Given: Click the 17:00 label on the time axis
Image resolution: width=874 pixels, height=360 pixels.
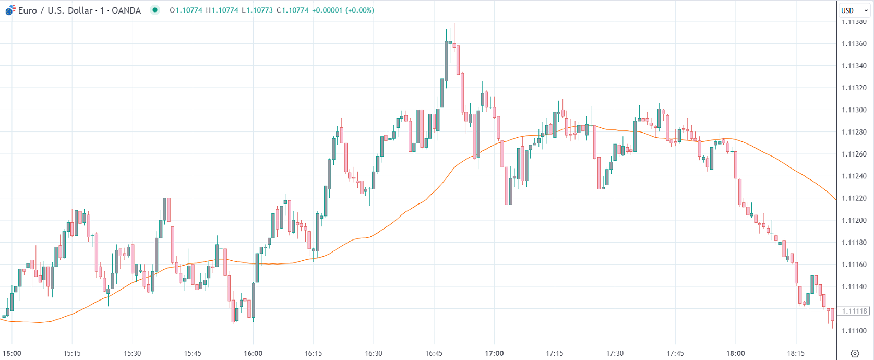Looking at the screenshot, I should (494, 353).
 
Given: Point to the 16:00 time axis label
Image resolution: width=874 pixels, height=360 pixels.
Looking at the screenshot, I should (253, 353).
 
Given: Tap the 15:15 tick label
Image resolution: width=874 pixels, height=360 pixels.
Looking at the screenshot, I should (72, 353).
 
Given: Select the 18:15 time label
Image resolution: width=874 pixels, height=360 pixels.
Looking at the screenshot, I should (796, 353).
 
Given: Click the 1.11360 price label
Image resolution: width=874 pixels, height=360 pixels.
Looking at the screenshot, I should (854, 44).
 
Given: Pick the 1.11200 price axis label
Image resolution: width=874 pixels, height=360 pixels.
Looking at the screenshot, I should (854, 221).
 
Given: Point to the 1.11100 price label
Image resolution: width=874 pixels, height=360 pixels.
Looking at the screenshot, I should (854, 331).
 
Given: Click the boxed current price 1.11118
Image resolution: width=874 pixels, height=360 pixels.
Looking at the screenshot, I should (854, 311).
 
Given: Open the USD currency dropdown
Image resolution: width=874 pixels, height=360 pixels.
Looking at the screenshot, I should (854, 10).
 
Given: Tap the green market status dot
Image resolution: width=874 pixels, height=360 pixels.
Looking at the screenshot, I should (155, 10).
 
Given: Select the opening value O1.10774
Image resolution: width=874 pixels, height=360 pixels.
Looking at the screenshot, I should (186, 10).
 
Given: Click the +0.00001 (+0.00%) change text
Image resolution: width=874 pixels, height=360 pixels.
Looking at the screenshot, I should (343, 10).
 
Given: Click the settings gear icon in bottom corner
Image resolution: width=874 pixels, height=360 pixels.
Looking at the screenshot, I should (855, 353).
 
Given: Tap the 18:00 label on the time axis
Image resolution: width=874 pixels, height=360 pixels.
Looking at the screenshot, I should (736, 353).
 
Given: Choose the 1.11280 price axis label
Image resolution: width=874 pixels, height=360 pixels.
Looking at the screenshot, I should (854, 132).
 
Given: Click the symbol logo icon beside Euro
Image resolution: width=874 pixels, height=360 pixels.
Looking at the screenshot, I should (10, 10).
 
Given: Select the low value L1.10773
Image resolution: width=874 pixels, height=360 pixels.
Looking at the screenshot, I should (257, 10).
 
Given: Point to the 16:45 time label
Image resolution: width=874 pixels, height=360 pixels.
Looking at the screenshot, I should (434, 353).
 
